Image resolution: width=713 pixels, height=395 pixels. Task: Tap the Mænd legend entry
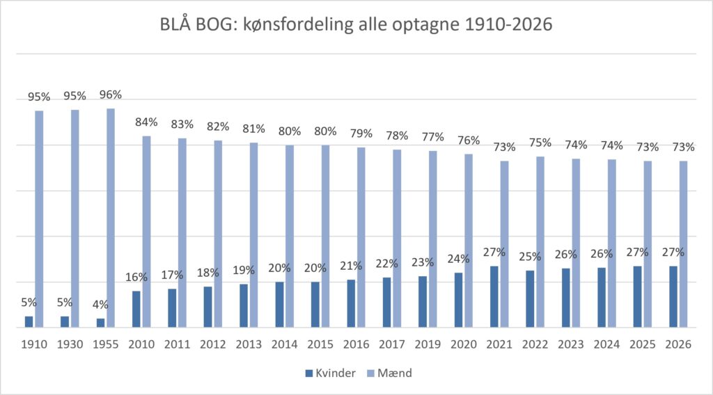389,373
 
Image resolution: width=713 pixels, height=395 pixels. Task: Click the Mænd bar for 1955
111,218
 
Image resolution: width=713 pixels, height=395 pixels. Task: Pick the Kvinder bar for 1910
29,322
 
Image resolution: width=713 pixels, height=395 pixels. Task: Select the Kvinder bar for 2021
494,297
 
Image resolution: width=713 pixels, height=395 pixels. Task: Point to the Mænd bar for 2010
146,232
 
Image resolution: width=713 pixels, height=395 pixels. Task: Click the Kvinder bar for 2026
673,297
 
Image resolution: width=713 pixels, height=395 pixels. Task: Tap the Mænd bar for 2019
433,239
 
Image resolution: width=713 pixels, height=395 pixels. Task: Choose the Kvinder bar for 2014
279,305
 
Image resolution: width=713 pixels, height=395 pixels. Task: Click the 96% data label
111,95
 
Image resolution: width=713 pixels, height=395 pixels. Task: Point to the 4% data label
100,305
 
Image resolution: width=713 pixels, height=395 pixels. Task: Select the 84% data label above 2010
146,122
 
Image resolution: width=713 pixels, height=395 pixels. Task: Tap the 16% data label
136,277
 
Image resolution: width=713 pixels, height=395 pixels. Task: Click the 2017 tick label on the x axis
392,345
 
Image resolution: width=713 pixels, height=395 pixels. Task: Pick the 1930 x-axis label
70,345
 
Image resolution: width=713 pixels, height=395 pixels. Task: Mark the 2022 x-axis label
535,345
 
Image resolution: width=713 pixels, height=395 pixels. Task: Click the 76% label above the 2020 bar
469,140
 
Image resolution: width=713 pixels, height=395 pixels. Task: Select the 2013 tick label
249,345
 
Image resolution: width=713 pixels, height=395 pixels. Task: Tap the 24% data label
458,259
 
